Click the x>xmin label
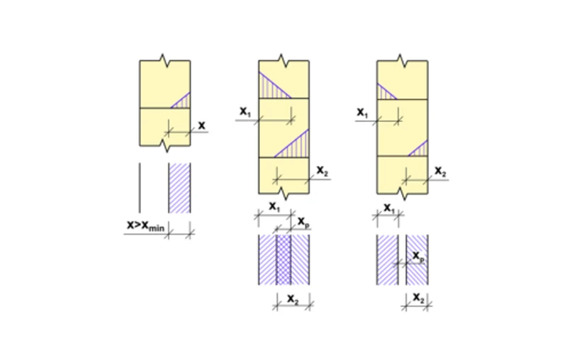pyautogui.click(x=145, y=225)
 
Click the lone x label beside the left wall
pyautogui.click(x=202, y=125)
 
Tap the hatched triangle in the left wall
pyautogui.click(x=183, y=102)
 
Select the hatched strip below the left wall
pyautogui.click(x=179, y=188)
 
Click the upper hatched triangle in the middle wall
pyautogui.click(x=273, y=86)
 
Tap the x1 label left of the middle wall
pyautogui.click(x=245, y=112)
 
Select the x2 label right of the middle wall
pyautogui.click(x=322, y=171)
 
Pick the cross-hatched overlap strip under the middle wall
pyautogui.click(x=284, y=259)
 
